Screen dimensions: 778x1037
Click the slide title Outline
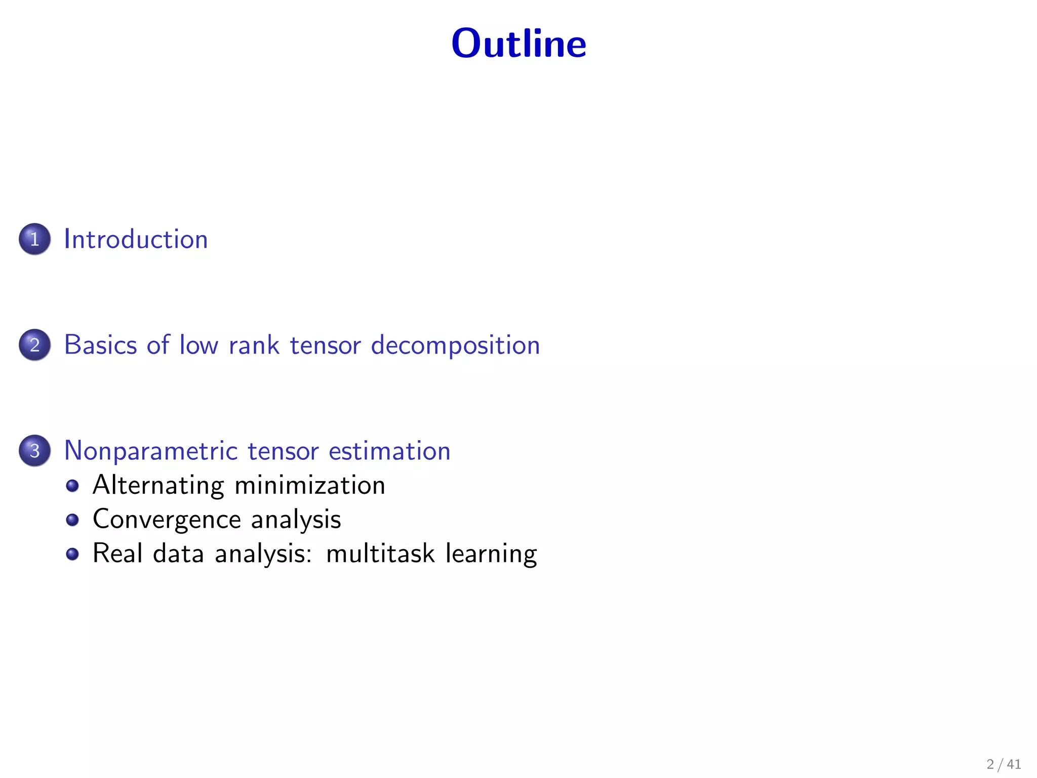518,44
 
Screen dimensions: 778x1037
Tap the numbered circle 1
34,239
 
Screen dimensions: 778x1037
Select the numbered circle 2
34,345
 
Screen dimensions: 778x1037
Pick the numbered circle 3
34,451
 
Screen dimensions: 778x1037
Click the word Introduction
136,239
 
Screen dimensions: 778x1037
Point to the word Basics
100,345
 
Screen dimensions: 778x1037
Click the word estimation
389,451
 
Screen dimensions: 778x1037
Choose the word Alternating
158,485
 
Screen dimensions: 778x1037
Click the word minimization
310,485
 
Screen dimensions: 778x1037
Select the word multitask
380,553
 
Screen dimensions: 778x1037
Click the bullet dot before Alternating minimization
72,486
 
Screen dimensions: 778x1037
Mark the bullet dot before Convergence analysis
72,520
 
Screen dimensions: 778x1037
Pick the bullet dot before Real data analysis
72,554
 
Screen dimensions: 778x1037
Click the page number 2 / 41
1004,764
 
